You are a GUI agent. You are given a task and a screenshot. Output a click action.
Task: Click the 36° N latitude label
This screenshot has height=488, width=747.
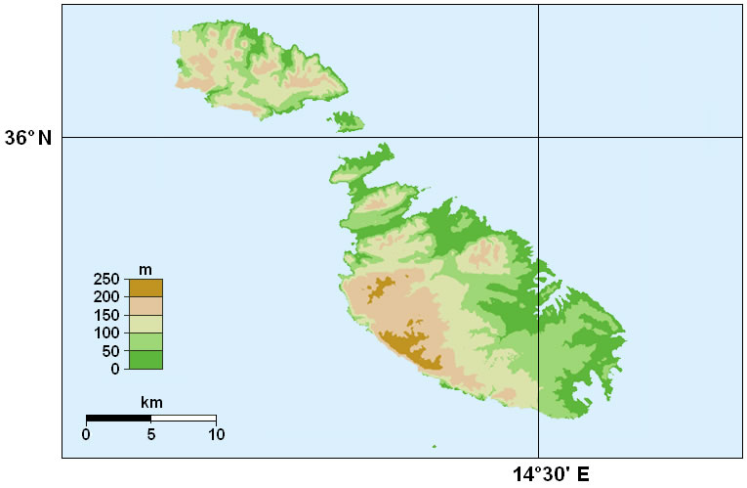point(28,138)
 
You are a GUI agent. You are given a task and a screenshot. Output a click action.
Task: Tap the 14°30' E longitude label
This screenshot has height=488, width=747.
point(551,474)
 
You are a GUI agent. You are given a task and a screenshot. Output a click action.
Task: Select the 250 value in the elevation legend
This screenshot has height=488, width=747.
point(107,280)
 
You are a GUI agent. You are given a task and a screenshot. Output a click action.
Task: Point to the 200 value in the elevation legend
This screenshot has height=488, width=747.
point(107,296)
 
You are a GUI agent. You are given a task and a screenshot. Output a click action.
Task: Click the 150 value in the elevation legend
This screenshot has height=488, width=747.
point(107,315)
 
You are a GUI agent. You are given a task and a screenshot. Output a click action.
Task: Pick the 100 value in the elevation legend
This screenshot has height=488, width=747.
point(107,333)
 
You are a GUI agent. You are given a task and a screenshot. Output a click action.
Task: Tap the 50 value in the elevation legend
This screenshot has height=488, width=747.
point(111,351)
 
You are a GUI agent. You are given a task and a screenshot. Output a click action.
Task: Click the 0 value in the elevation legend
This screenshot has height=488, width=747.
point(115,369)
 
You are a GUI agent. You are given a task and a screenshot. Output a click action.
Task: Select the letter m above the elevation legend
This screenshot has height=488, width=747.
point(145,269)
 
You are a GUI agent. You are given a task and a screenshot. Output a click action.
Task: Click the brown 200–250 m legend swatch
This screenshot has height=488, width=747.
point(145,288)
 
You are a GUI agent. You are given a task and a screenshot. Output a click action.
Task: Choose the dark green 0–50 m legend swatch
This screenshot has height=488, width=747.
point(145,360)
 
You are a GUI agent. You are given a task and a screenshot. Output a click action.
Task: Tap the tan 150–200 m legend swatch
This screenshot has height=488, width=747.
point(145,305)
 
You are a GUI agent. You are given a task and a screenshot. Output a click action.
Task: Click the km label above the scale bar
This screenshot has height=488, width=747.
point(151,402)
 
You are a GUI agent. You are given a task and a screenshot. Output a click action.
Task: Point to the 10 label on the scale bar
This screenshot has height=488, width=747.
point(215,434)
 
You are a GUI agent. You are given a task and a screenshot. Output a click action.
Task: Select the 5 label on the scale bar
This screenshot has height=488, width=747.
point(151,434)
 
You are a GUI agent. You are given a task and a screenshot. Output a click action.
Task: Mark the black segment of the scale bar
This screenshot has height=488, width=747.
point(118,419)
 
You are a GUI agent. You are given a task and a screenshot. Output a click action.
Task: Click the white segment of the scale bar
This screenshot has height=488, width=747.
point(184,419)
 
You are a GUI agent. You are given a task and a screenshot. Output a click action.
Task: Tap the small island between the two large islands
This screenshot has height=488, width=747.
point(349,122)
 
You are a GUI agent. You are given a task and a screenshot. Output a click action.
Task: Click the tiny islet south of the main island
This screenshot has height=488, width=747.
point(434,449)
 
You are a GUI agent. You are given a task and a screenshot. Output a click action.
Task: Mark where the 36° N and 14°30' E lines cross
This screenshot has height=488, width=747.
point(538,138)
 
